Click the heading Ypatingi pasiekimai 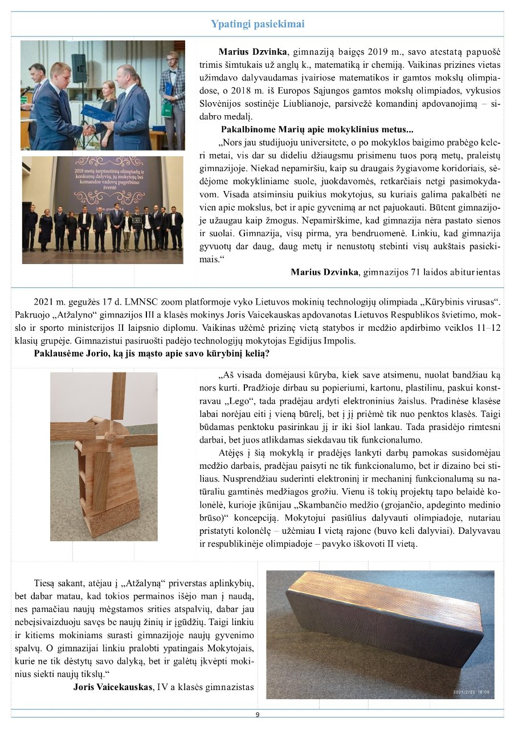tap(257, 24)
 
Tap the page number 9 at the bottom tap(257, 715)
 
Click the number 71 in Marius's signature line tap(419, 272)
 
